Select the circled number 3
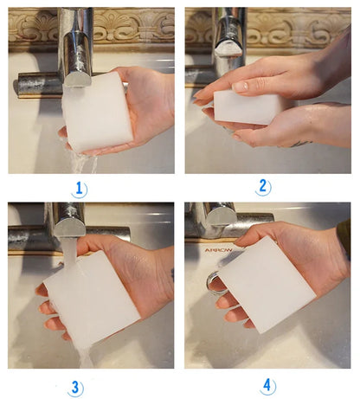(78, 386)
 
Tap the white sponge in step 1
(98, 111)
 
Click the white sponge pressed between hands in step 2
(247, 106)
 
